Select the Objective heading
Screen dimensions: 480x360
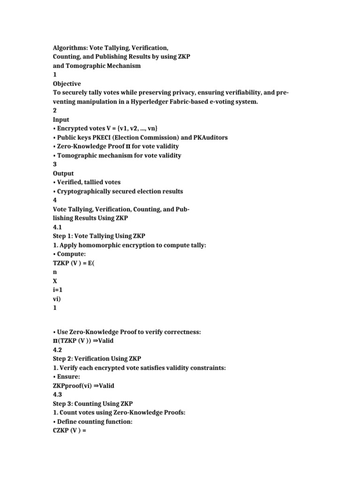click(67, 84)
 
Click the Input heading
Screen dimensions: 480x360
click(61, 120)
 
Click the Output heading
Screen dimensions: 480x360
click(63, 173)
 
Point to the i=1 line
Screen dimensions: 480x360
click(58, 290)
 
